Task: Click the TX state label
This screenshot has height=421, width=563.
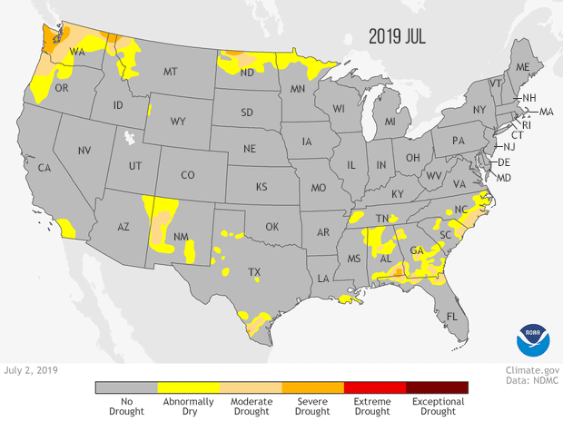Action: (256, 271)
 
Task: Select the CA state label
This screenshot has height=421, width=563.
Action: (43, 167)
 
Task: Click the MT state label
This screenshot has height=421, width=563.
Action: (169, 73)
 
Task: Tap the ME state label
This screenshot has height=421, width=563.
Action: (522, 68)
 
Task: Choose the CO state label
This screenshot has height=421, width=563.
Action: (188, 175)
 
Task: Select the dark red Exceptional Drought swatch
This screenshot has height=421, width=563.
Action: (437, 387)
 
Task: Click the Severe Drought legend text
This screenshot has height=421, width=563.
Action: (312, 406)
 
